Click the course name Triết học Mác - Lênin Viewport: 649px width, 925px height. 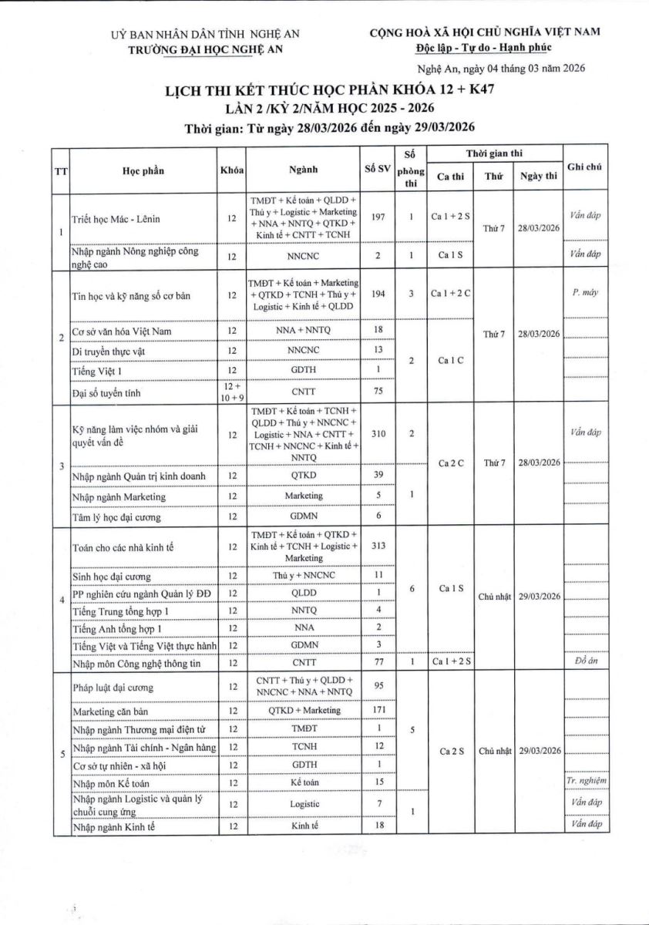pos(116,219)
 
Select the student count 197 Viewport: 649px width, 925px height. pos(378,218)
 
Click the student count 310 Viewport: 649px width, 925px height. pos(378,435)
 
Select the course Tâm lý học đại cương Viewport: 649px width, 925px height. pos(116,517)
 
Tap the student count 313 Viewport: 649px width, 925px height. pos(378,547)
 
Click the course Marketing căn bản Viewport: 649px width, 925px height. pos(113,710)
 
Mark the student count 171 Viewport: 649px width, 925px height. pos(378,709)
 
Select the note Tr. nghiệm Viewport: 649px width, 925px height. pos(586,782)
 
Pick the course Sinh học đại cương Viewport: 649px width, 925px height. pos(112,577)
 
